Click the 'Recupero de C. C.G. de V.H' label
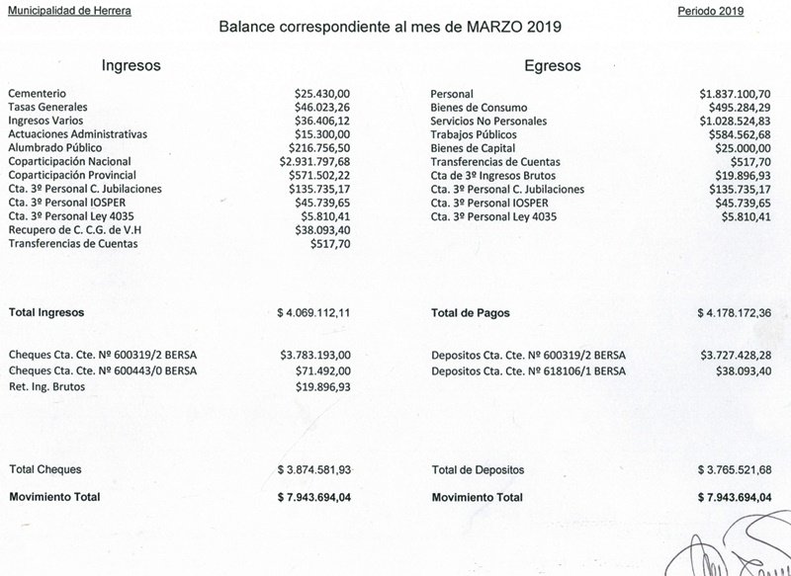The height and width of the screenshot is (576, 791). (x=74, y=228)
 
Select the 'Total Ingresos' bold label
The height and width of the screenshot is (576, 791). (x=46, y=312)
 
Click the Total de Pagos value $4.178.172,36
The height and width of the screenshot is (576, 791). (x=732, y=312)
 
